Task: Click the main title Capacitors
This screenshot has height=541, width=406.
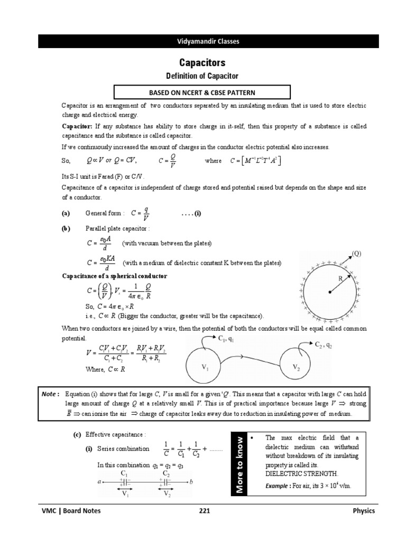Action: (x=203, y=62)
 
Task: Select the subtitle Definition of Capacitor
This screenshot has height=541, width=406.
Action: (x=203, y=77)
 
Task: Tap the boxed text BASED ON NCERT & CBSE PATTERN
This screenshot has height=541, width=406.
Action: (x=203, y=93)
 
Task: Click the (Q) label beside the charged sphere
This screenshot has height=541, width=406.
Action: (x=357, y=253)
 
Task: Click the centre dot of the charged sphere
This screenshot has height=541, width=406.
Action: (x=330, y=291)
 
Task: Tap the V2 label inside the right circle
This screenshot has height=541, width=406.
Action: (x=298, y=367)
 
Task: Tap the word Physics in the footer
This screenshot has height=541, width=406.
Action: (x=364, y=511)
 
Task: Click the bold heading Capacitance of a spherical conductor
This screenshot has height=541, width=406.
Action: (x=115, y=276)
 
